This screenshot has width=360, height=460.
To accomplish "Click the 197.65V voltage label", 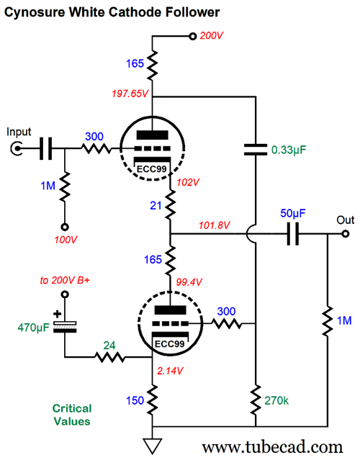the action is click(130, 94).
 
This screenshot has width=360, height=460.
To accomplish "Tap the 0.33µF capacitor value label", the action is click(289, 150).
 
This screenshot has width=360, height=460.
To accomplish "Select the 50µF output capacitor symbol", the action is click(292, 234).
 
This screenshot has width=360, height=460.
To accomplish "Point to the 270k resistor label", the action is click(276, 400).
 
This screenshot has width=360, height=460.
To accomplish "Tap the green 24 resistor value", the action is click(109, 346).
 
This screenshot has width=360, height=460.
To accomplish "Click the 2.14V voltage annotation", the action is click(170, 371).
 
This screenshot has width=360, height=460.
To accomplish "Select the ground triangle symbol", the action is click(152, 446).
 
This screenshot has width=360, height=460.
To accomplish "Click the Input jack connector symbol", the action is click(17, 148).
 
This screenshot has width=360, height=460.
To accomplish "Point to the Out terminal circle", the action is click(346, 234).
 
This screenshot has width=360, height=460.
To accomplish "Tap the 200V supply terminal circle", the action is click(192, 37).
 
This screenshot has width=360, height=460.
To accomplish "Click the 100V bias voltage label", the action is click(66, 240).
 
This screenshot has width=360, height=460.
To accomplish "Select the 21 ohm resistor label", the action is click(156, 206).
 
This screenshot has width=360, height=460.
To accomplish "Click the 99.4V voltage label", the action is click(189, 282).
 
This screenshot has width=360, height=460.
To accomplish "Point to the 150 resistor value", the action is click(135, 400).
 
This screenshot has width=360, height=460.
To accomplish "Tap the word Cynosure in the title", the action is click(35, 12).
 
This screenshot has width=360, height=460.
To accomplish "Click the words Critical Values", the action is click(72, 415).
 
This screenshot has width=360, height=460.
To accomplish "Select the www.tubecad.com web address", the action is click(272, 448).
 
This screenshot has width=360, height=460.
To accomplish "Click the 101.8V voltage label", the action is click(214, 225).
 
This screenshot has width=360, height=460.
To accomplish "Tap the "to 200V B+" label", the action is click(65, 281).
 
